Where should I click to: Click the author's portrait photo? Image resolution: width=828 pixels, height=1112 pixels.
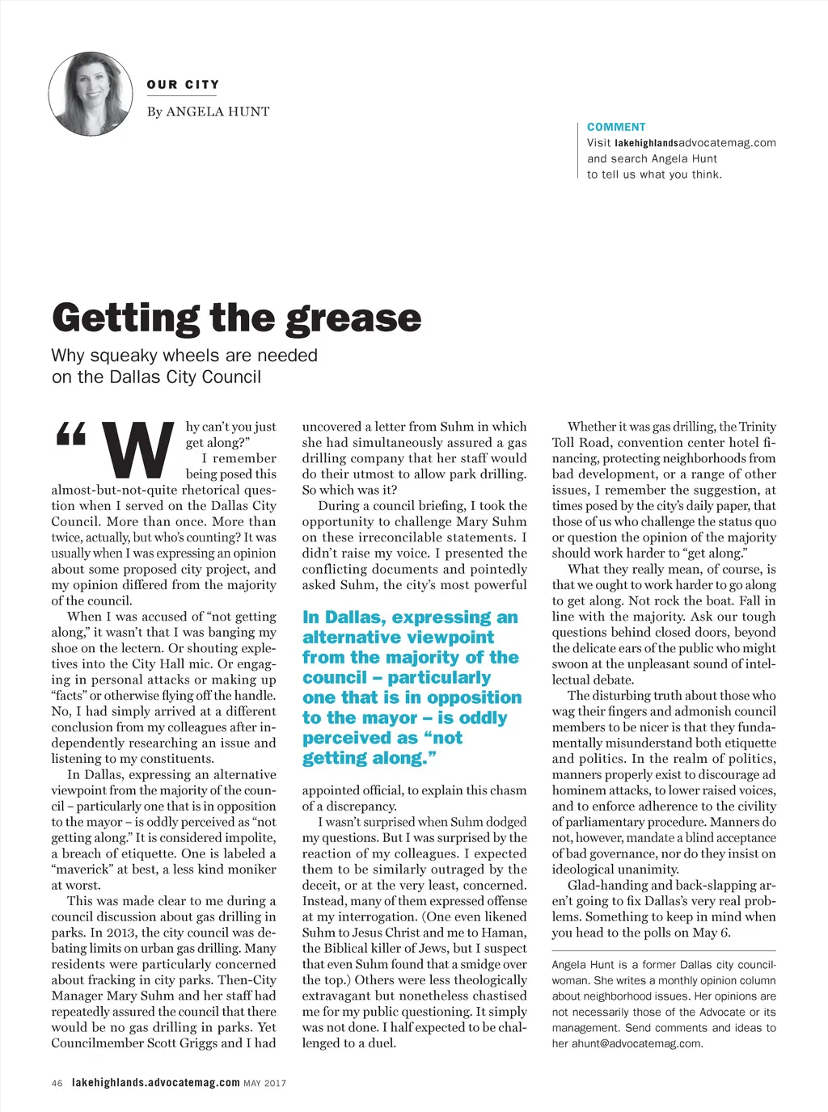coord(90,94)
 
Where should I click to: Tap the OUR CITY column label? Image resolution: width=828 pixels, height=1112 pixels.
coord(183,85)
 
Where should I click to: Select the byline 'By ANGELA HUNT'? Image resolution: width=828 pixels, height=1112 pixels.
coord(208,112)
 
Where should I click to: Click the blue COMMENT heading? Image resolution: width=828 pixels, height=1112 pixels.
coord(616,127)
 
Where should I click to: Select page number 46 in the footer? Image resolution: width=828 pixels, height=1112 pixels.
coord(57,1083)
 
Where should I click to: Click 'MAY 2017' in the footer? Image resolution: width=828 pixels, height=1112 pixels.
coord(264,1083)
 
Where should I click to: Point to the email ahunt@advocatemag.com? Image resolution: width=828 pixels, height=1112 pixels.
coord(636,1043)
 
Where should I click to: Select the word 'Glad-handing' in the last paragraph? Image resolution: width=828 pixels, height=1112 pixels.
coord(607,885)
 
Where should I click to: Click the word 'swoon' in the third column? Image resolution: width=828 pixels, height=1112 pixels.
coord(570,663)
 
